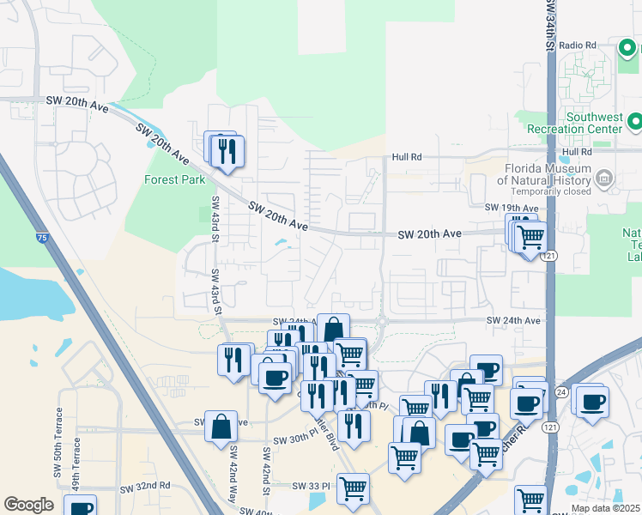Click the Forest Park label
point(175,180)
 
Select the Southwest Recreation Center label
point(593,122)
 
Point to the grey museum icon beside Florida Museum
point(604,179)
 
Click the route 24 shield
point(561,391)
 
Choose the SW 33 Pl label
point(311,486)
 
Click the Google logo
point(28,505)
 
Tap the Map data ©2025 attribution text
point(605,508)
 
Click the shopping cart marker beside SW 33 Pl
point(353,488)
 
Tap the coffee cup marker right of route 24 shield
point(591,402)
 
